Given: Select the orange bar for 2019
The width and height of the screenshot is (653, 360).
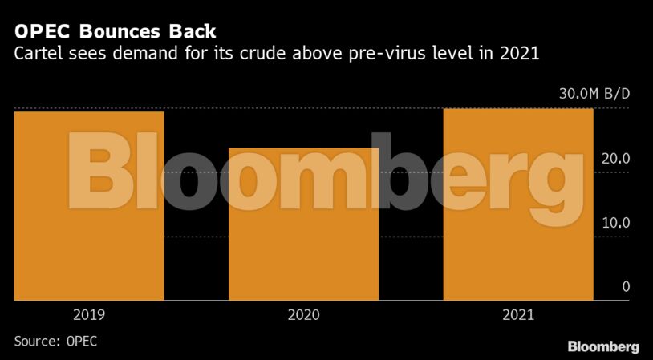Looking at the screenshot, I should [x=89, y=241].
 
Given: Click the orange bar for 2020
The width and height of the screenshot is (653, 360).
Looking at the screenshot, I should [x=303, y=257].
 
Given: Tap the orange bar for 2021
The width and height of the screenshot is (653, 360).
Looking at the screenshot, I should [x=518, y=241].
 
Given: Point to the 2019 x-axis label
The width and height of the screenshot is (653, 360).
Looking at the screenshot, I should [x=89, y=315].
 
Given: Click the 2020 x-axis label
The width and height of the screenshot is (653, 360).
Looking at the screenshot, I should [x=303, y=315].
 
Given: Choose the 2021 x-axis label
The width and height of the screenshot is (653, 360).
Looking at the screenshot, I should [x=518, y=315].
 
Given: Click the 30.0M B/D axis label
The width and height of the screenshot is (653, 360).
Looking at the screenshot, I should [x=594, y=94].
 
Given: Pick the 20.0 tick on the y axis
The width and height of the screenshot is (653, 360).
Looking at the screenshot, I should [x=616, y=159].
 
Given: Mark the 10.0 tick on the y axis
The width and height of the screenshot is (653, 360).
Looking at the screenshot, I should [x=616, y=223].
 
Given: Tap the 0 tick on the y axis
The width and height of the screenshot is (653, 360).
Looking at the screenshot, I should [x=626, y=287].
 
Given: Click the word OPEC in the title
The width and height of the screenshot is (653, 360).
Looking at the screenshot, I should [x=37, y=33].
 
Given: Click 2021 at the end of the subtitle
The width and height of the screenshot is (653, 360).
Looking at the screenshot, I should [x=522, y=55].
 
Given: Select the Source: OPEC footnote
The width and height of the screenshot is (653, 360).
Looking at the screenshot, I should [x=56, y=341].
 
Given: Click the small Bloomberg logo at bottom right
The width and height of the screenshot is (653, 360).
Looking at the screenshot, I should [x=603, y=346].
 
